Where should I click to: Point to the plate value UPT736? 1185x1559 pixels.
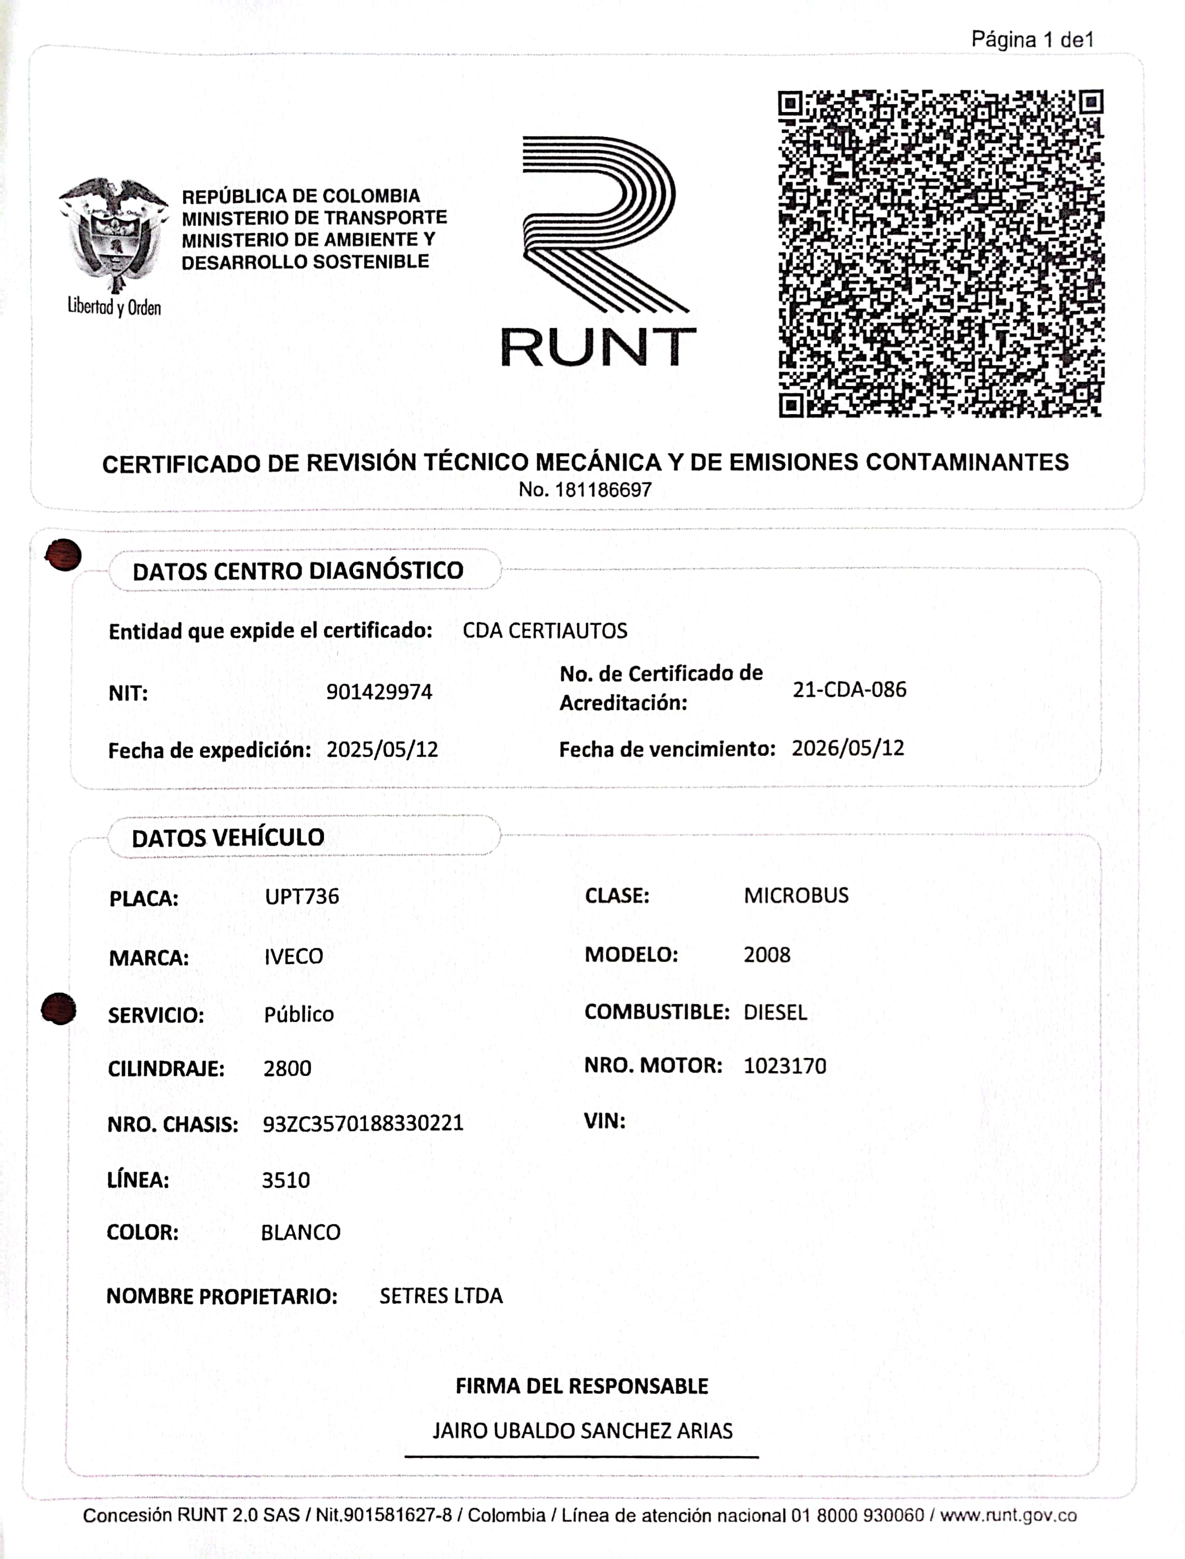coord(302,896)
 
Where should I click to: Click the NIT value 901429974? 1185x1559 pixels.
coord(379,692)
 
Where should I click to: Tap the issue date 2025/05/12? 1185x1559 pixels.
coord(382,749)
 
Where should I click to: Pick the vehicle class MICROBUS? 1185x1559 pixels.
coord(796,895)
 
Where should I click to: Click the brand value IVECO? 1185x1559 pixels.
coord(293,956)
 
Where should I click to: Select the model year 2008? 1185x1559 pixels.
coord(767,955)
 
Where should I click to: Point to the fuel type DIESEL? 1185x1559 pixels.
coord(774,1013)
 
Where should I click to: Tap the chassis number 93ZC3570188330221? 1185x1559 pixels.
coord(362,1123)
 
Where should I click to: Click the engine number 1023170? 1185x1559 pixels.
coord(784,1065)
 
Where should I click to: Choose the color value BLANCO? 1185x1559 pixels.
coord(301,1232)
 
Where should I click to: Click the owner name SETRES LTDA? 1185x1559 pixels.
coord(441,1295)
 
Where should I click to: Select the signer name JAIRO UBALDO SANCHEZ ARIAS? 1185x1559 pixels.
coord(582,1431)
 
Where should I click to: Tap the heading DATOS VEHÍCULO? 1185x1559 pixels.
coord(228,838)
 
